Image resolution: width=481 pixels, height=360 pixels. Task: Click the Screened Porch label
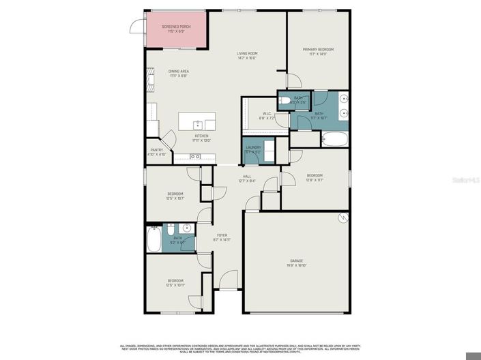tap(176, 27)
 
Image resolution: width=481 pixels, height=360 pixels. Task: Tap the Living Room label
tap(246, 53)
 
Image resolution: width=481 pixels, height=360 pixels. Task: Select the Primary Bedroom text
tap(318, 49)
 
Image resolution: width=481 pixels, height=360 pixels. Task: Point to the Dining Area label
tap(179, 71)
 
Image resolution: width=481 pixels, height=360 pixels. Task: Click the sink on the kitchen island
tap(197, 123)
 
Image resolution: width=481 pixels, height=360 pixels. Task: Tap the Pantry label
tap(157, 149)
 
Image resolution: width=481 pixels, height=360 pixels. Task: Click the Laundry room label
tap(254, 147)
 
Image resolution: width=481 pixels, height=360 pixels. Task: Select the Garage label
tap(295, 262)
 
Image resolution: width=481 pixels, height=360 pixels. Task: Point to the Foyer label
tap(222, 235)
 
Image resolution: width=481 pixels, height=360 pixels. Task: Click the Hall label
tap(246, 177)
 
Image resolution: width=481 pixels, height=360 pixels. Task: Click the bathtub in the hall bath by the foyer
tap(154, 239)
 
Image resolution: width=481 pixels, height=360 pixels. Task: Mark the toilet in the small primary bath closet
tap(285, 102)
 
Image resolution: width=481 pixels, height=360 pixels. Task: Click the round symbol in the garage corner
tap(344, 217)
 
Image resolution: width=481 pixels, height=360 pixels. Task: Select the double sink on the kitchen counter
tap(194, 157)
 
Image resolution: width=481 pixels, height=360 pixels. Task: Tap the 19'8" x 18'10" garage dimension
tap(295, 266)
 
